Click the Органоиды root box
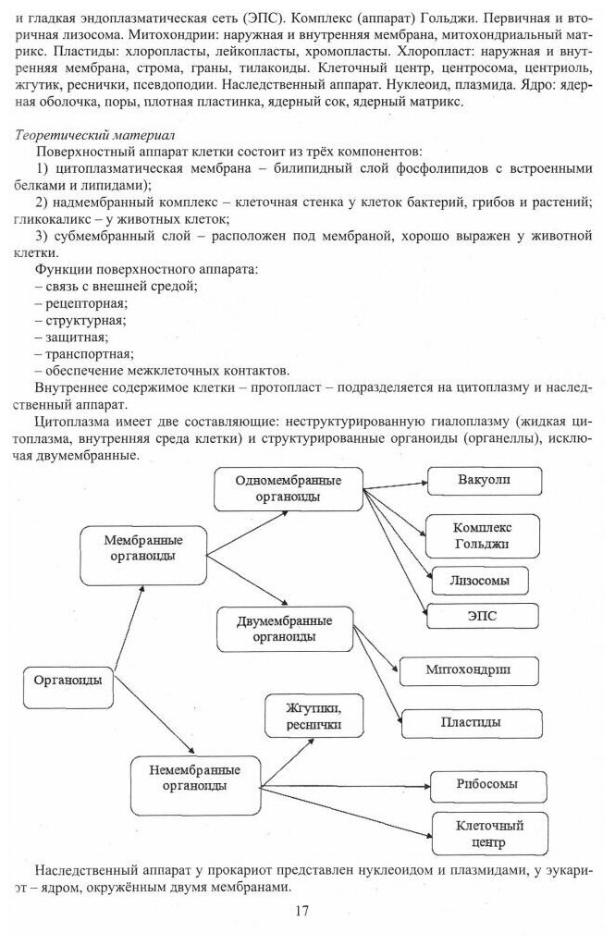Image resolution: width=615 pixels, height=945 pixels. pyautogui.click(x=68, y=685)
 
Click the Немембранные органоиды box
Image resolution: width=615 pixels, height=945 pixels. pyautogui.click(x=193, y=778)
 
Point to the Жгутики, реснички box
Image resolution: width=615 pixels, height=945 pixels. pyautogui.click(x=313, y=718)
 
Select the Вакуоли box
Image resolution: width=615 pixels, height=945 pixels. pyautogui.click(x=482, y=481)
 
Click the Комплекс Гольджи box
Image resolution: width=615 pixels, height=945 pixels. pyautogui.click(x=482, y=535)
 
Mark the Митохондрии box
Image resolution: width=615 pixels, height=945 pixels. pyautogui.click(x=470, y=669)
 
